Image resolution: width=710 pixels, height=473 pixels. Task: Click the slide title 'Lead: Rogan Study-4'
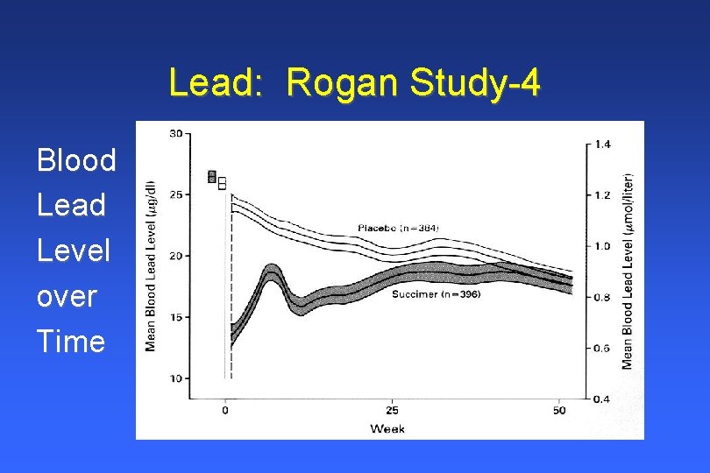pyautogui.click(x=354, y=83)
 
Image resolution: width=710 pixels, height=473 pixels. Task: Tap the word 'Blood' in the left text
pyautogui.click(x=76, y=160)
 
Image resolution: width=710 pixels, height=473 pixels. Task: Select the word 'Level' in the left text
pyautogui.click(x=74, y=251)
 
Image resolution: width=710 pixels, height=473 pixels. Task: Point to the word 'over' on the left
pyautogui.click(x=67, y=296)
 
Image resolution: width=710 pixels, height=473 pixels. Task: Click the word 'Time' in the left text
pyautogui.click(x=71, y=341)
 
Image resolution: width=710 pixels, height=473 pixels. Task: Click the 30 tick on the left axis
pyautogui.click(x=175, y=133)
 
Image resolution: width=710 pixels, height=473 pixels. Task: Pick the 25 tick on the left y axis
pyautogui.click(x=175, y=194)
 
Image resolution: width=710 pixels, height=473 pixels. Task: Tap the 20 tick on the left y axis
pyautogui.click(x=175, y=256)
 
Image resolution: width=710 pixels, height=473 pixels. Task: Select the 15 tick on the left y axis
pyautogui.click(x=175, y=317)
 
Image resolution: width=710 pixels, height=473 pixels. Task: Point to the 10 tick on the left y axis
pyautogui.click(x=175, y=378)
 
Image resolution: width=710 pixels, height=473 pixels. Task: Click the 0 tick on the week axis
pyautogui.click(x=225, y=410)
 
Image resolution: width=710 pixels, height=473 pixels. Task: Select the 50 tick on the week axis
pyautogui.click(x=558, y=410)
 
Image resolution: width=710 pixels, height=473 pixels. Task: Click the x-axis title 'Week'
pyautogui.click(x=387, y=428)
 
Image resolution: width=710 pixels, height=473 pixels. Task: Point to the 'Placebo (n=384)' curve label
pyautogui.click(x=398, y=228)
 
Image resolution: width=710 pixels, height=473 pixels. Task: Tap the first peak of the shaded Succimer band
pyautogui.click(x=272, y=271)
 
